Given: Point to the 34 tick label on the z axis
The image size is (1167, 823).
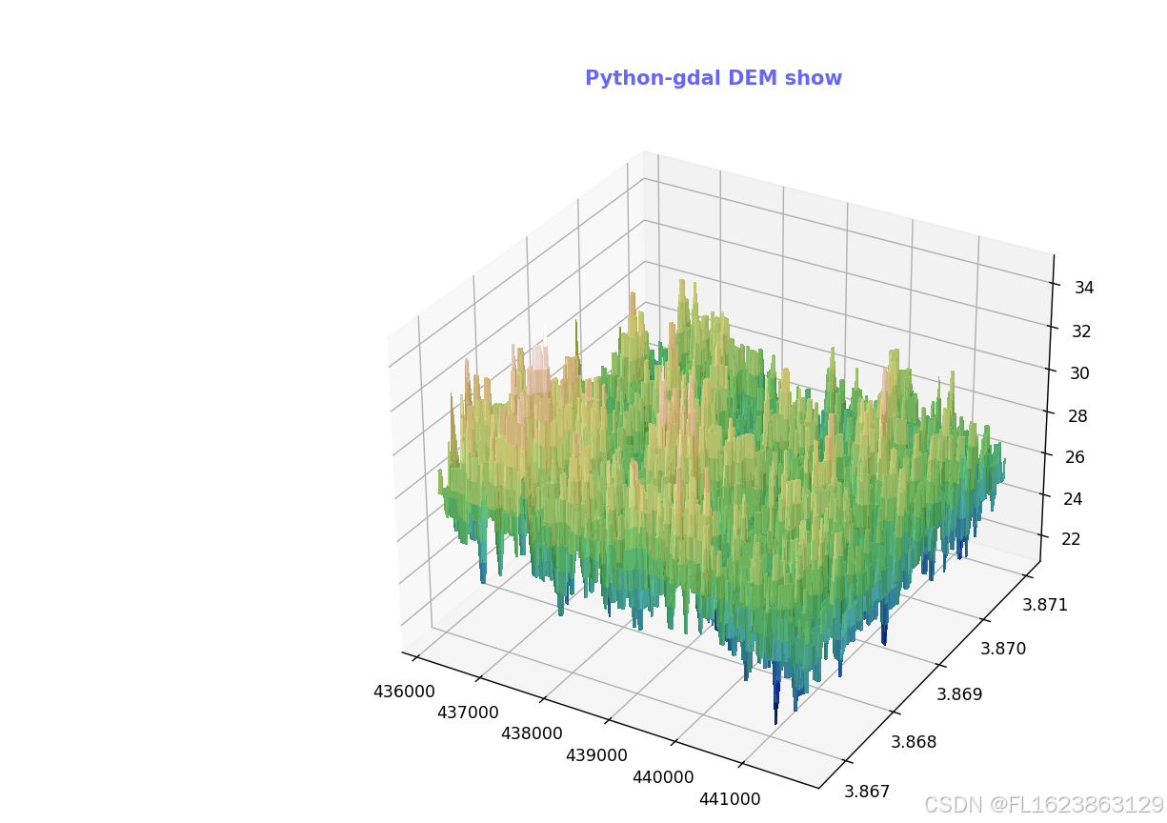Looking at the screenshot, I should (1084, 288).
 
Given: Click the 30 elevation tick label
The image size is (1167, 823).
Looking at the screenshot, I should (1079, 373).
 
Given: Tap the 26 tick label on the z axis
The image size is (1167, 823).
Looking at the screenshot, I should (1075, 457).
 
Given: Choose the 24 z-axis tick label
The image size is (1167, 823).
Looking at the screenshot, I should (1073, 498).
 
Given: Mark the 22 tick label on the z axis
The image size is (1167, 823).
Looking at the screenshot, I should (1071, 539).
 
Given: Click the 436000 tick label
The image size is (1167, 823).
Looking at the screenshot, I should (404, 693).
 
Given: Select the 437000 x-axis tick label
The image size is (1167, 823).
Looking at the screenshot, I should (467, 713).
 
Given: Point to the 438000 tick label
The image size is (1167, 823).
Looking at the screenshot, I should (531, 733).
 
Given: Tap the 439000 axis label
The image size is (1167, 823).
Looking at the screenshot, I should (596, 755).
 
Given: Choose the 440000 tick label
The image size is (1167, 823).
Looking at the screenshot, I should (663, 777).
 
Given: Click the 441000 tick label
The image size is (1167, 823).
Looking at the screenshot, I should (730, 799).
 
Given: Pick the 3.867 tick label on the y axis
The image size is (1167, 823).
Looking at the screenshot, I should (868, 792).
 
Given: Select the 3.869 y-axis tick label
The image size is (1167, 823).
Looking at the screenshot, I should (959, 694).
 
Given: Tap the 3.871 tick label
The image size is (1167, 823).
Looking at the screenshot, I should (1045, 604).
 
